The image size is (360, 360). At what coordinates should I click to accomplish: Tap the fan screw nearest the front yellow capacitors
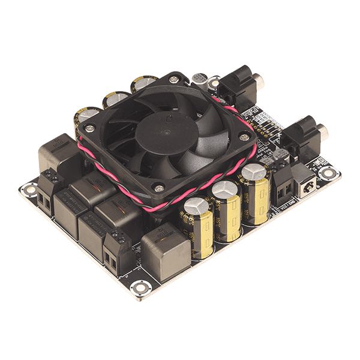click(158, 188)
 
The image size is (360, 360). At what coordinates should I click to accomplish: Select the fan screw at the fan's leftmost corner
click(89, 127)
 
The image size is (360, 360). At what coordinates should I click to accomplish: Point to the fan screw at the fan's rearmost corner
click(174, 79)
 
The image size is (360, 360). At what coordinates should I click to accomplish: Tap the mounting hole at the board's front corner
click(140, 287)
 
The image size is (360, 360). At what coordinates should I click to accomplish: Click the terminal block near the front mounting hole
click(114, 252)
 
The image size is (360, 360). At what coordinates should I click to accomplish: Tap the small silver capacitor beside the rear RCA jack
click(200, 81)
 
